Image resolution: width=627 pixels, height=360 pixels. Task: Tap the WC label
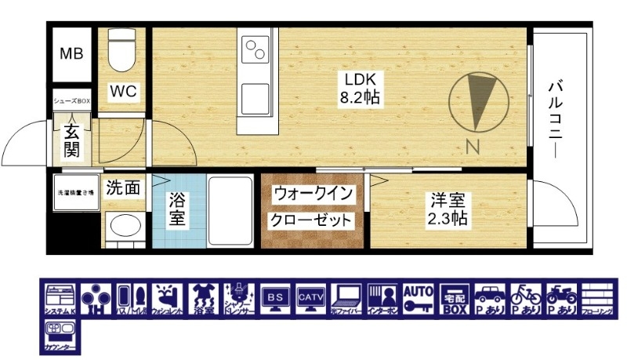pos(123,92)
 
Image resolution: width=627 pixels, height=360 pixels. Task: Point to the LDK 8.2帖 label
pos(360,88)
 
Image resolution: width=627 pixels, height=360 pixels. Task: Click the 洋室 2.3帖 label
pos(448,209)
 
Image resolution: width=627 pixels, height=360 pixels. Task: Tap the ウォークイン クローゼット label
pos(313,206)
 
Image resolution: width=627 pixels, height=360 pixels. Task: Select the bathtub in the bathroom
pos(229,209)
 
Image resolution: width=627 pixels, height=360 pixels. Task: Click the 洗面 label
pos(123,187)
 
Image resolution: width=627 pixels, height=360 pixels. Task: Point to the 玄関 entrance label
pos(71,140)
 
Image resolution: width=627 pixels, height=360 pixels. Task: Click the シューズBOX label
pos(72,101)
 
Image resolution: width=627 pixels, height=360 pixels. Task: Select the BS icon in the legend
pos(274,298)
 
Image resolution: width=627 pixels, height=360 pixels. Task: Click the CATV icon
pos(310,298)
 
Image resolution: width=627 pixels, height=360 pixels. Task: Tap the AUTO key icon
pos(419,298)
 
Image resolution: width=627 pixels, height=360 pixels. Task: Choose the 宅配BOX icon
pos(455,298)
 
